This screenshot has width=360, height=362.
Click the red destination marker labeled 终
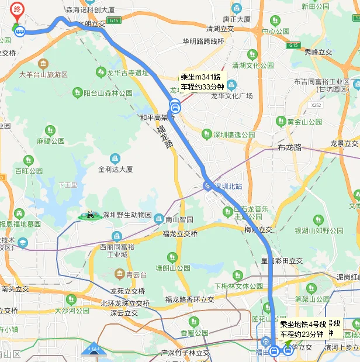tap(18, 10)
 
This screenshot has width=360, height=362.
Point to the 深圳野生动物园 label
tap(127, 215)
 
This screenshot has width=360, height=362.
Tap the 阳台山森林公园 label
tap(109, 92)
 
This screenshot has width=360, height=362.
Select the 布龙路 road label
tap(290, 147)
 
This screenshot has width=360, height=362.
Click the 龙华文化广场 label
tap(231, 96)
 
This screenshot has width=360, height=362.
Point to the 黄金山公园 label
tap(304, 122)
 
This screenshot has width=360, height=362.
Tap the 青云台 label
tap(136, 274)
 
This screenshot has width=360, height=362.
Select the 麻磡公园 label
tap(51, 142)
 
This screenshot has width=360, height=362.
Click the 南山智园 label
tap(178, 220)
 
